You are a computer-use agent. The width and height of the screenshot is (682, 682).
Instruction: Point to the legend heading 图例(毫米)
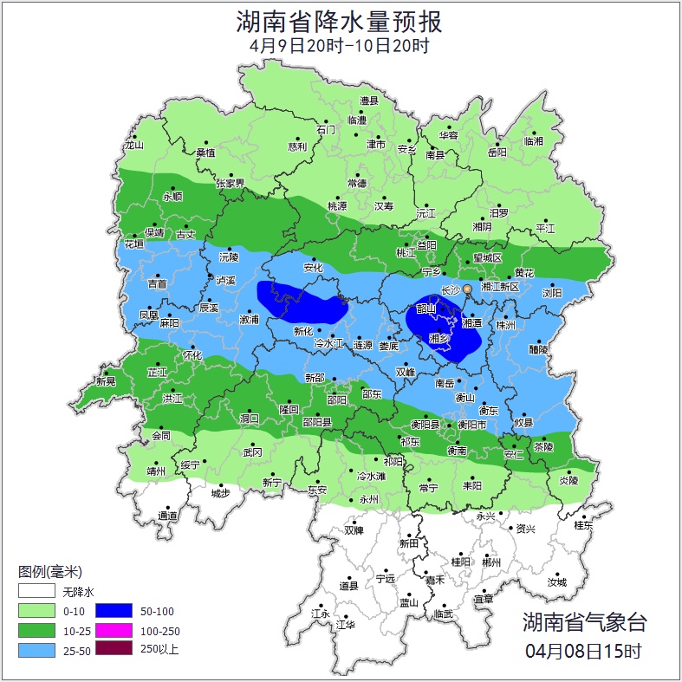point(49,571)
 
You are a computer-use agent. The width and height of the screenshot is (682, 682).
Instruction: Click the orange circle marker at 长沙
point(468,288)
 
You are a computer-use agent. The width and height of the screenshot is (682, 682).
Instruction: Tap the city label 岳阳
point(497,153)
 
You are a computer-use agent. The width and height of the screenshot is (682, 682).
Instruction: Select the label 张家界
point(230,184)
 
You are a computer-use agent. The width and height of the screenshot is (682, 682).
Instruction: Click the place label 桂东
point(584,525)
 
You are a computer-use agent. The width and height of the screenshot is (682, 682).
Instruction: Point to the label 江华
point(346,624)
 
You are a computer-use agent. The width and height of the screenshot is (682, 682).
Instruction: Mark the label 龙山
point(133,145)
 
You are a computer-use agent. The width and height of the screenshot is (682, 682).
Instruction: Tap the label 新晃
point(106,381)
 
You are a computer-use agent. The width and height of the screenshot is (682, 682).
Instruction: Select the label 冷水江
point(329,344)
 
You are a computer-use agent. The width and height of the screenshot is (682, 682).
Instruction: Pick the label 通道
point(167,516)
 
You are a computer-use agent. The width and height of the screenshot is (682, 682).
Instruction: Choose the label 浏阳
point(552,293)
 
